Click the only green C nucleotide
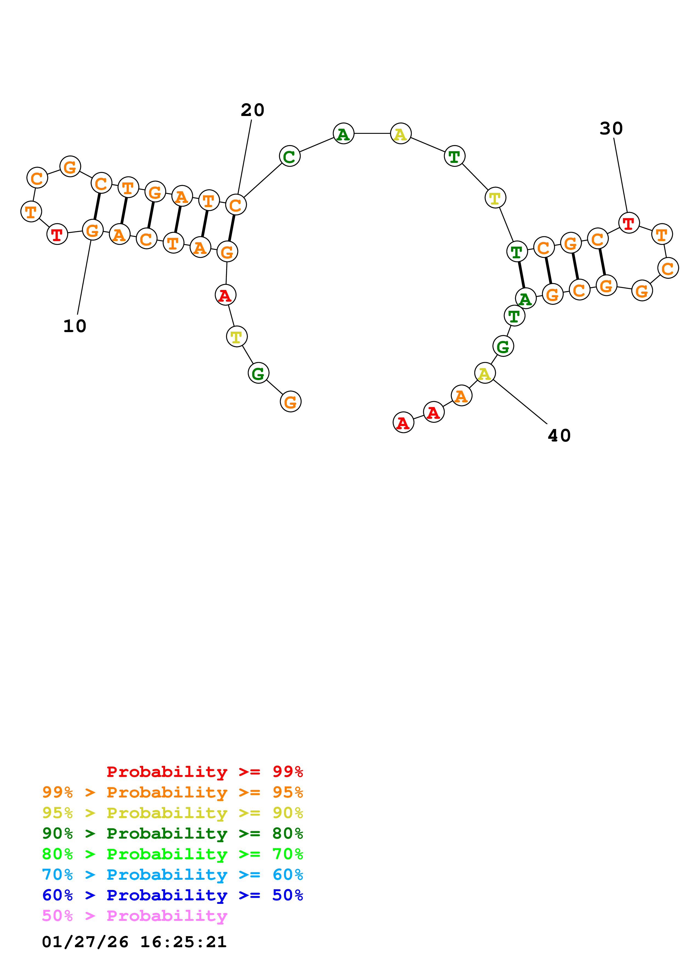point(289,156)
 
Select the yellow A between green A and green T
point(400,134)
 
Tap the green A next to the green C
point(343,134)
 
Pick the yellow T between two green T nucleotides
point(495,198)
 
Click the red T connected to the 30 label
point(628,223)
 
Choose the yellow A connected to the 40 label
point(485,373)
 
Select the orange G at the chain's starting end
point(290,401)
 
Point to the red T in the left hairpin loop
point(57,234)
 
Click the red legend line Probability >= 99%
point(204,772)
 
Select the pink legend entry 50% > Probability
point(134,915)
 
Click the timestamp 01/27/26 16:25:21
point(134,941)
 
